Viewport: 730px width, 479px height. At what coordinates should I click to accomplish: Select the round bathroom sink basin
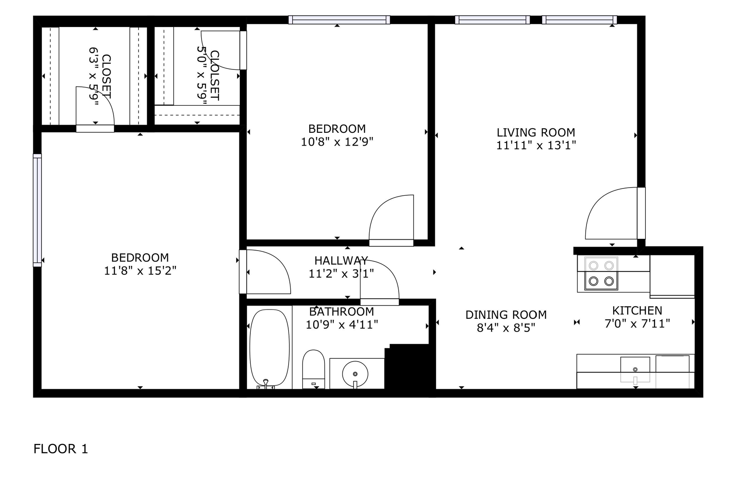click(355, 373)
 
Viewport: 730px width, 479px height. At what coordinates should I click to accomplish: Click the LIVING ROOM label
click(536, 132)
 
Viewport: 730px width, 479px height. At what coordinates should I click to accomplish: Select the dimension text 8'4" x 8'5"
click(506, 328)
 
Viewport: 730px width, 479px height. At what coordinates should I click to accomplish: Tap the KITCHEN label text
click(637, 310)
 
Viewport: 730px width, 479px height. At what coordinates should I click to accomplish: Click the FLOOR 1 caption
click(60, 449)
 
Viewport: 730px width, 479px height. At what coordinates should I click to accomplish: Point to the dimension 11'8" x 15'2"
click(140, 270)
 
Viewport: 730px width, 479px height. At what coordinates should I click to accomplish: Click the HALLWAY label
click(341, 260)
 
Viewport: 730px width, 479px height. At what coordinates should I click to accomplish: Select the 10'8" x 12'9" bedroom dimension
click(337, 142)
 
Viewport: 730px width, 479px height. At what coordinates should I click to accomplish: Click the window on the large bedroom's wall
click(37, 210)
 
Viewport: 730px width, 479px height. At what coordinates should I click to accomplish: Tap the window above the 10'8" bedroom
click(339, 20)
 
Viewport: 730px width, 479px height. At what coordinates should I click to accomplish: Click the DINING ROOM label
click(506, 315)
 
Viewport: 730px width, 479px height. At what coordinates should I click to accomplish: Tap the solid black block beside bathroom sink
click(409, 367)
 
